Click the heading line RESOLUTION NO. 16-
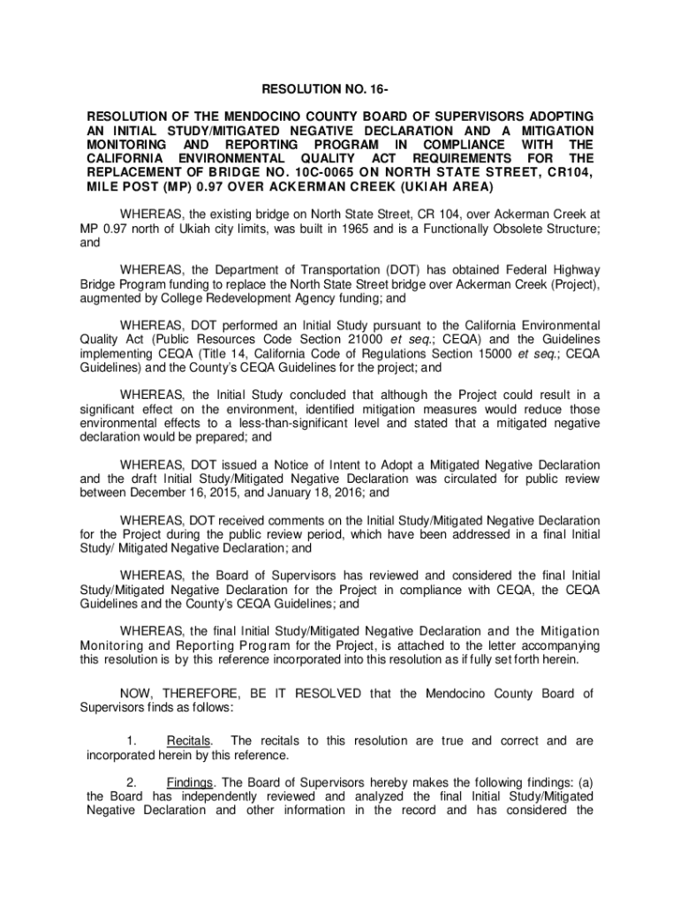339,88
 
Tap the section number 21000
388,339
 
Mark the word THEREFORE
199,693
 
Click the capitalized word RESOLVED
329,693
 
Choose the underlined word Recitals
189,741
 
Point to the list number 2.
131,781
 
